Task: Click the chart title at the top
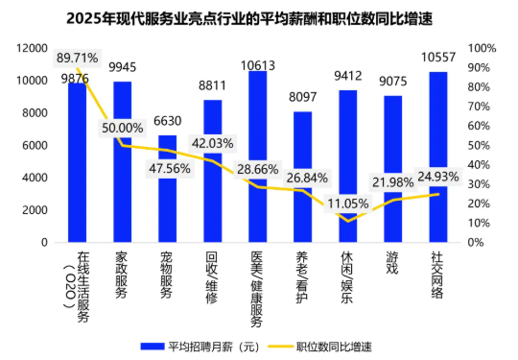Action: point(259,17)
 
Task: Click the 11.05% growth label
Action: point(348,204)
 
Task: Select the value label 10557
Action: point(437,59)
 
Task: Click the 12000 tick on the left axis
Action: point(35,48)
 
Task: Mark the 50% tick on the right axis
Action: point(483,145)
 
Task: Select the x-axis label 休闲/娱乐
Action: point(347,276)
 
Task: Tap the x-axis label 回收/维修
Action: point(212,276)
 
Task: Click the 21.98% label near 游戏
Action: point(393,182)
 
